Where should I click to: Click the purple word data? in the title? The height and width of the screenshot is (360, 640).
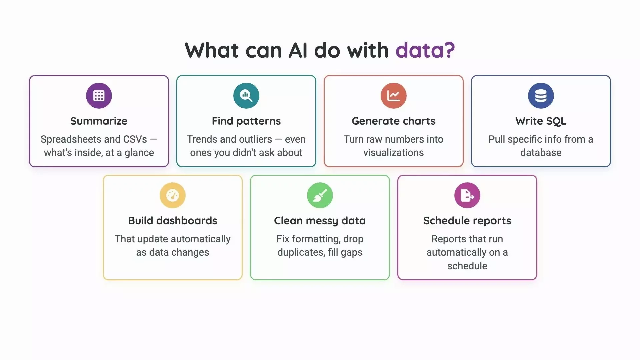(425, 50)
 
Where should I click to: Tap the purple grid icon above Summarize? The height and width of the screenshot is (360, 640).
(99, 96)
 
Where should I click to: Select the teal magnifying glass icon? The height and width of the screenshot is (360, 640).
(246, 96)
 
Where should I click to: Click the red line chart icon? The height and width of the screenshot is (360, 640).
(394, 96)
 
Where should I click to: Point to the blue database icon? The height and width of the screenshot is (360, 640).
(541, 96)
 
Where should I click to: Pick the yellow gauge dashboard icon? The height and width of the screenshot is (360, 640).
(173, 195)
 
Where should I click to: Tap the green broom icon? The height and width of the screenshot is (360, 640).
(320, 195)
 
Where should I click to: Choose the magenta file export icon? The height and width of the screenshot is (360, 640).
(467, 195)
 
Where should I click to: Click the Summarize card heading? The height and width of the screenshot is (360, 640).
(99, 121)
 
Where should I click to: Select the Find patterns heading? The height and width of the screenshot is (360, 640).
(246, 121)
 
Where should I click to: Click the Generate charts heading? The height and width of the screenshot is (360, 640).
(394, 121)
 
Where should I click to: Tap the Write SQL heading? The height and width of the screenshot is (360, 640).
(541, 121)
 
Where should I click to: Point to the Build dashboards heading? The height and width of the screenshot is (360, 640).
(173, 221)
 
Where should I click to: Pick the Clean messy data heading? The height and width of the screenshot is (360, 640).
(320, 221)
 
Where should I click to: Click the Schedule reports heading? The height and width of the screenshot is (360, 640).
(467, 221)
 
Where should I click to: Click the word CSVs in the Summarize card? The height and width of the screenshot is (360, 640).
(135, 139)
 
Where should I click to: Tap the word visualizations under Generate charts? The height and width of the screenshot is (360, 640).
(394, 153)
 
